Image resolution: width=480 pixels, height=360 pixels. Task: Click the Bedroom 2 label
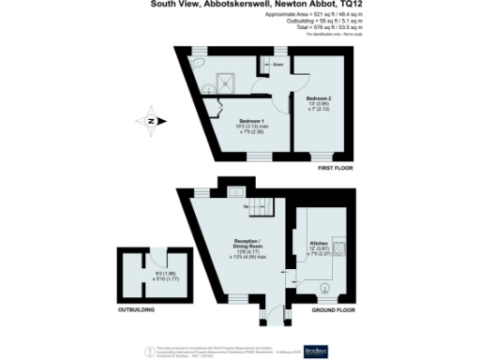point(313,96)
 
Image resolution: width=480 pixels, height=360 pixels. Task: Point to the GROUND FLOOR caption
point(333,309)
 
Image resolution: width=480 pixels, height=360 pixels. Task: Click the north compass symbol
point(150,119)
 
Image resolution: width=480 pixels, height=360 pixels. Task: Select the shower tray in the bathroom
point(228,79)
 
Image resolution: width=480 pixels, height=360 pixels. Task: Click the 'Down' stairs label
point(277,67)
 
